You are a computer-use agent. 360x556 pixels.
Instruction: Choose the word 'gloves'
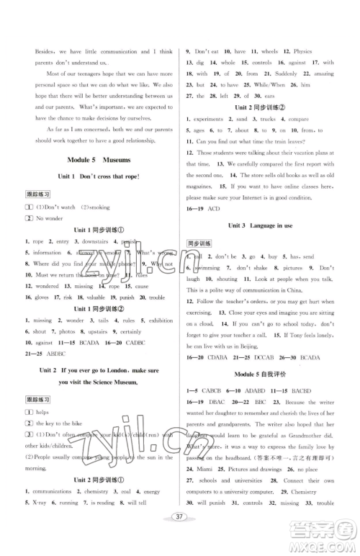pyautogui.click(x=37, y=296)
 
